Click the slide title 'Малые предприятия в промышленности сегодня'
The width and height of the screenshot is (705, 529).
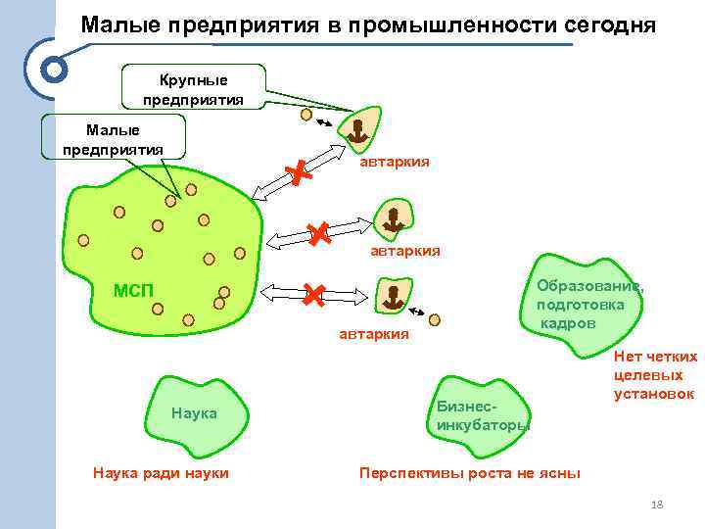tap(368, 24)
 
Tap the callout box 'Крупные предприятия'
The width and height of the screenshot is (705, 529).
tap(193, 88)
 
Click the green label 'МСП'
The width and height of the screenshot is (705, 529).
tap(133, 290)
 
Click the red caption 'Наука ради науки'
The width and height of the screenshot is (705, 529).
tap(161, 473)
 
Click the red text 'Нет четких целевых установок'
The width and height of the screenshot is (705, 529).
tap(655, 375)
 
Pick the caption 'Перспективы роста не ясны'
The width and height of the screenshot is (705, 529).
tap(470, 473)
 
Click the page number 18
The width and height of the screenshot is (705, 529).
tap(657, 505)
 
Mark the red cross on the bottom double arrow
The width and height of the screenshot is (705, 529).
tap(313, 293)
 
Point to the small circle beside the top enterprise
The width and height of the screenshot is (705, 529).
tap(306, 115)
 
